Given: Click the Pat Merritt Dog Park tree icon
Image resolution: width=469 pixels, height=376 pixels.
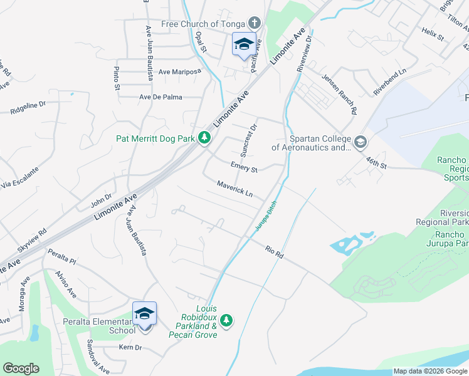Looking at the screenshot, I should point(204,138).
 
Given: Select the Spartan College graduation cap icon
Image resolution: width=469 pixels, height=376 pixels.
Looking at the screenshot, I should point(360,142).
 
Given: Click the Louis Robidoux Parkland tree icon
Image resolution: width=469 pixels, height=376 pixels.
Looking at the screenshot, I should point(226,321).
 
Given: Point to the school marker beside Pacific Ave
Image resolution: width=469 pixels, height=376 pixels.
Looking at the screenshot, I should point(243,44).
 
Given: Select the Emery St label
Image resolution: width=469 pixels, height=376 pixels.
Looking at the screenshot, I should point(244,169).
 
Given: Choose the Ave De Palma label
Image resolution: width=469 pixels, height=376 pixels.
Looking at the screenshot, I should point(159,97).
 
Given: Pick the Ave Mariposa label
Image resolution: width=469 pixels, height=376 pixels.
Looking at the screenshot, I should point(179,71).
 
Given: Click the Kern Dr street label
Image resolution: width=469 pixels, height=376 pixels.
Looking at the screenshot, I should point(129,347).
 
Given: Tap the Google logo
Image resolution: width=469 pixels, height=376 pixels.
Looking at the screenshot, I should point(21,368).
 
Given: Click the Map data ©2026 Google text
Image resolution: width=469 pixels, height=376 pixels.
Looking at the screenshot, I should point(429,371).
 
